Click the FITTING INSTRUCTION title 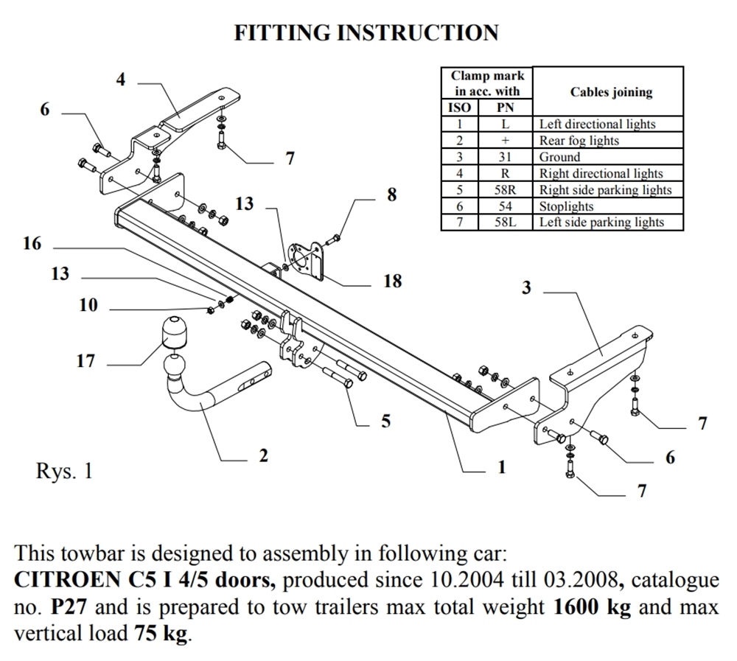(366, 33)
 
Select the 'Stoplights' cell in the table (566, 206)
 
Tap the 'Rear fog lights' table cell (579, 141)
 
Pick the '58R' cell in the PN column (505, 190)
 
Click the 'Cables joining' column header (611, 92)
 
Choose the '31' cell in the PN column (505, 157)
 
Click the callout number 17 (86, 361)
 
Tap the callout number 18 (393, 281)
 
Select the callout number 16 (32, 244)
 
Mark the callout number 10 (88, 305)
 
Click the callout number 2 (263, 456)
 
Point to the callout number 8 (391, 195)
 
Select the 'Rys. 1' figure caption (64, 472)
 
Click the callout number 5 (385, 422)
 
